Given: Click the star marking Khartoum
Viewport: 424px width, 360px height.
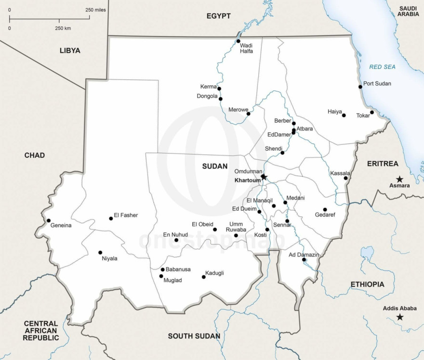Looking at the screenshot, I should pos(264,177).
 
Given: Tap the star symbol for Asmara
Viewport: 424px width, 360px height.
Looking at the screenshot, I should pos(399,179).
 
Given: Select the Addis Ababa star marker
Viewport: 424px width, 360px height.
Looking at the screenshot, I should pos(399,317).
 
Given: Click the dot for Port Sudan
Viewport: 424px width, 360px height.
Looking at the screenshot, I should pos(360,87).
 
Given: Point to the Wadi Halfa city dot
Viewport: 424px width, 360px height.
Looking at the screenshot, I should pos(238,41).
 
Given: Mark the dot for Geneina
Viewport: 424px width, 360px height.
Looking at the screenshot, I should pos(48,220).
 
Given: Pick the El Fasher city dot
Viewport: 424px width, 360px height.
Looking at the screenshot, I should pos(111,218).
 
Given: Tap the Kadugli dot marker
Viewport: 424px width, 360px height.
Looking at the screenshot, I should pos(203,277).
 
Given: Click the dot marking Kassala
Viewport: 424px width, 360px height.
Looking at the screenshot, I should pos(346,178).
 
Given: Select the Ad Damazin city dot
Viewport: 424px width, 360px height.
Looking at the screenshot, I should pos(304,259).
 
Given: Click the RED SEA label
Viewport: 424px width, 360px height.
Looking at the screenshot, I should pos(382,67).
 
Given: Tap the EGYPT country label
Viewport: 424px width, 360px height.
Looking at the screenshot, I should pos(218,16).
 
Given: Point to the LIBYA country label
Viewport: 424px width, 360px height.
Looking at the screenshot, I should pos(70,50).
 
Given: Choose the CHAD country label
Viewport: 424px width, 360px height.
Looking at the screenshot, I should pos(35,155).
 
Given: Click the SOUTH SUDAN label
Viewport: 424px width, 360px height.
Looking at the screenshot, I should pos(194,336).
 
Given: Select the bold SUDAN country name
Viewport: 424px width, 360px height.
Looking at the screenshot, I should pos(214,166).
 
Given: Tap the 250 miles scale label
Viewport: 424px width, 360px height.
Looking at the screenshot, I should pos(96,10).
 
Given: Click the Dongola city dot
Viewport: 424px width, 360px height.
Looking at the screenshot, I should pos(221,99).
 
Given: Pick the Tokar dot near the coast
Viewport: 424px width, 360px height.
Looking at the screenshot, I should pos(372,112).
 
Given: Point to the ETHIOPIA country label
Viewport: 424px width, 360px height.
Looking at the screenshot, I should pos(367,284).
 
